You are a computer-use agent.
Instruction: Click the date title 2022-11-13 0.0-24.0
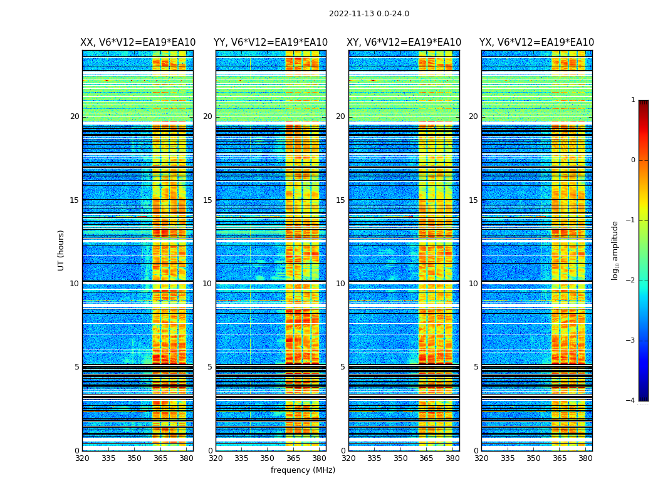coord(368,14)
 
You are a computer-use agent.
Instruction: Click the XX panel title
coord(138,43)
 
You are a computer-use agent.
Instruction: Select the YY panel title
coord(271,43)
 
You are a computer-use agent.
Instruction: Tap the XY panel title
coord(404,43)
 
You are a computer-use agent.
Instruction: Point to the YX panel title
coord(536,43)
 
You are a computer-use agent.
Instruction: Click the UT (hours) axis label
coord(61,250)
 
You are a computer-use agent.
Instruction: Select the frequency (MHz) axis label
coord(303,470)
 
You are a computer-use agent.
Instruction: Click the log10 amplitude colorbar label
coord(615,250)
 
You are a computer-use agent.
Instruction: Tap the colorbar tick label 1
coord(633,100)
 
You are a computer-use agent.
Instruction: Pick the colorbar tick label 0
coord(633,160)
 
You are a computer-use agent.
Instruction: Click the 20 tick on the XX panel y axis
coord(75,116)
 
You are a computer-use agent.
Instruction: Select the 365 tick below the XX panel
coord(160,458)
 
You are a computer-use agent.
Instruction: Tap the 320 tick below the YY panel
coord(216,458)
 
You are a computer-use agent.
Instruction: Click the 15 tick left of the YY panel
coord(207,200)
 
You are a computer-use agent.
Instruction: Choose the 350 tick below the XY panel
coord(400,458)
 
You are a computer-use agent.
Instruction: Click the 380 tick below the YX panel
coord(585,458)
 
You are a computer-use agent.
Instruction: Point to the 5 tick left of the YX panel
coord(476,367)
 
